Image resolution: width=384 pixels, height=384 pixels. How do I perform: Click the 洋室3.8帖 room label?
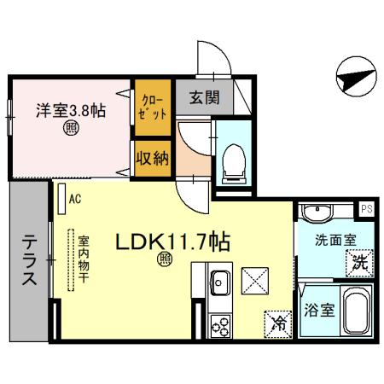coord(70,110)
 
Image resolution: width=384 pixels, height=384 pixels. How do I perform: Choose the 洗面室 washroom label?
coord(328,241)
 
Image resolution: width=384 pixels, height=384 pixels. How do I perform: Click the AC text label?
coord(75,201)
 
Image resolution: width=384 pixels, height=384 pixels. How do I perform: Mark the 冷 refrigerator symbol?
coord(278,323)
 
